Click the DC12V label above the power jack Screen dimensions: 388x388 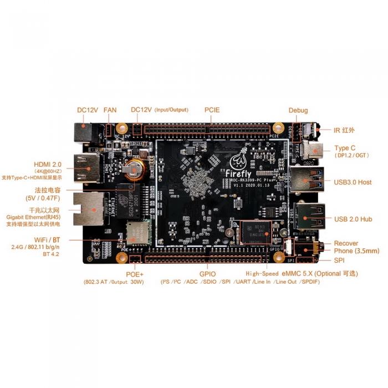[x=88, y=110]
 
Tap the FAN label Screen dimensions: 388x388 [x=110, y=110]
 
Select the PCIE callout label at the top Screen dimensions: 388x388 [x=212, y=110]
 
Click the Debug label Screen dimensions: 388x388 [x=298, y=110]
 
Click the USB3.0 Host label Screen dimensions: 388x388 [x=353, y=182]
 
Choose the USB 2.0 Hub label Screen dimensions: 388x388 [x=353, y=219]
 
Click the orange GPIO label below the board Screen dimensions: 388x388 [x=207, y=274]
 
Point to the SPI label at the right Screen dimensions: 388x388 [x=339, y=260]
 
